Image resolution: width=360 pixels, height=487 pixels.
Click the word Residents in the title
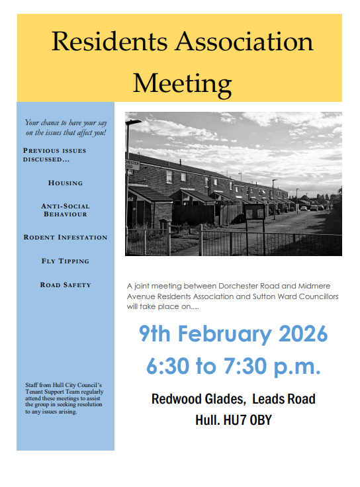tap(109, 42)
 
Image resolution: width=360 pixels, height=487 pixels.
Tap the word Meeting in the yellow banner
tap(182, 83)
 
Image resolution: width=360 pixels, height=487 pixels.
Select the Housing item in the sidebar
tap(66, 183)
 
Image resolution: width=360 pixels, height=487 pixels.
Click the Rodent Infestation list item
tap(66, 237)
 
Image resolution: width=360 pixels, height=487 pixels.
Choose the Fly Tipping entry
tap(66, 261)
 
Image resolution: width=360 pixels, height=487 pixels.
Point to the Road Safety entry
tap(66, 285)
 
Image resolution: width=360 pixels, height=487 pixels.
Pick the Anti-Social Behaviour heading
tap(66, 210)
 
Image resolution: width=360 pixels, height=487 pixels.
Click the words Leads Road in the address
tap(284, 399)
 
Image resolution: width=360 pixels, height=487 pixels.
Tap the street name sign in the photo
tap(132, 163)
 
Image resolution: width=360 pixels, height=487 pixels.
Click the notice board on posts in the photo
tap(254, 211)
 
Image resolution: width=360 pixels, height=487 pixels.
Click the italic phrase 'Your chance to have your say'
tap(66, 122)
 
